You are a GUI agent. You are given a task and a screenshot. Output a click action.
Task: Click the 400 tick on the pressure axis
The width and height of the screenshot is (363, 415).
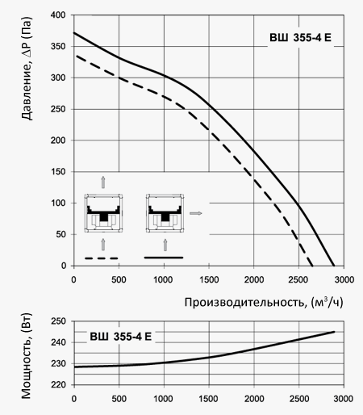(x=58, y=15)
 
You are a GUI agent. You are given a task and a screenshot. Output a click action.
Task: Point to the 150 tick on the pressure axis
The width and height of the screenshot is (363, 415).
(x=58, y=172)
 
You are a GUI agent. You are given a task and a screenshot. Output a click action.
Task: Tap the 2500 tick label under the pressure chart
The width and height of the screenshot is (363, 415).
(x=298, y=280)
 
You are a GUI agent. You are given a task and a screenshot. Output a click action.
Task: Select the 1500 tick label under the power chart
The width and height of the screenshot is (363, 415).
(x=209, y=399)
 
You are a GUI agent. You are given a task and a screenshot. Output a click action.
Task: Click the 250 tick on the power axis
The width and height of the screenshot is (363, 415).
(x=58, y=321)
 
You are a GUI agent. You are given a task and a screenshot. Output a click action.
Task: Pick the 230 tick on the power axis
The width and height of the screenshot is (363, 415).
(x=58, y=363)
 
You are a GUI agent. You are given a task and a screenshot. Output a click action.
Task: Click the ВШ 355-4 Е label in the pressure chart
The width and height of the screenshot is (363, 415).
(x=300, y=38)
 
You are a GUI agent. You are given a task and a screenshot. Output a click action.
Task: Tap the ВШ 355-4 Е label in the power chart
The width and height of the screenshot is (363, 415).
(x=121, y=337)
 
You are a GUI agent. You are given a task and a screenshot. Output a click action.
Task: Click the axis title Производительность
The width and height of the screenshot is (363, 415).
(x=245, y=303)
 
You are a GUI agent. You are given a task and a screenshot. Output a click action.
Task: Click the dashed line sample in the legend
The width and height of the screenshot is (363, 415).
(x=102, y=258)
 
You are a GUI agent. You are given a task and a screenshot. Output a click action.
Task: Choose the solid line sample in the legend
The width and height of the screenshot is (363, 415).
(x=164, y=258)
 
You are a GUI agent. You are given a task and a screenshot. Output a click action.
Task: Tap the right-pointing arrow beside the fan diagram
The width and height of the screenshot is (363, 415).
(x=195, y=213)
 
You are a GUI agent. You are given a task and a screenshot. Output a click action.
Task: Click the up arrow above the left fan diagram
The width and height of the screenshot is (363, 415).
(x=103, y=182)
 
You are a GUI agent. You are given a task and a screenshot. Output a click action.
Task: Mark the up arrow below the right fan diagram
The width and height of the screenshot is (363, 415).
(x=165, y=245)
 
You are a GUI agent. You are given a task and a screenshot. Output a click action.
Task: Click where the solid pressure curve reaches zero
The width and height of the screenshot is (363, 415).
(x=334, y=266)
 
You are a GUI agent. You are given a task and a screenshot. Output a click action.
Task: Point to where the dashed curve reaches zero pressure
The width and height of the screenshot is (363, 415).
(x=312, y=266)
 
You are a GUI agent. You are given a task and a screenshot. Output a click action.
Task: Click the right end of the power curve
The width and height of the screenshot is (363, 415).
(x=335, y=332)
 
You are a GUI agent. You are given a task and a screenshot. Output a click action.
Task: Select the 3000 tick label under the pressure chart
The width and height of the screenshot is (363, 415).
(x=344, y=280)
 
